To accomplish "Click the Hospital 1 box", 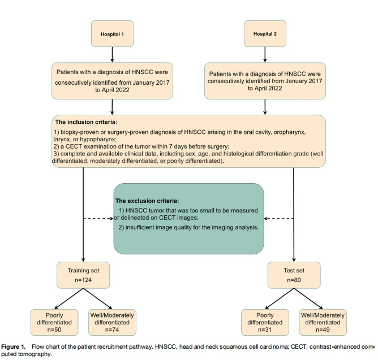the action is [x=112, y=34].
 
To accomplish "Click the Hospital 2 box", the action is [x=265, y=34].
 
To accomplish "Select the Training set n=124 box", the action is [x=83, y=275].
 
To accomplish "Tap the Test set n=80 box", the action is [x=294, y=275].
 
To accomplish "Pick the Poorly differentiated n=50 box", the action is [x=54, y=322].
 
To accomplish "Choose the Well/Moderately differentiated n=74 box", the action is [x=112, y=322].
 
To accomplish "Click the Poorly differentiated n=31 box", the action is [x=265, y=322].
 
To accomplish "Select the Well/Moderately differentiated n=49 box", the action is [x=323, y=322].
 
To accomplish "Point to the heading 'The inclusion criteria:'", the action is [x=86, y=122].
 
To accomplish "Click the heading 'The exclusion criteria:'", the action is [x=147, y=201].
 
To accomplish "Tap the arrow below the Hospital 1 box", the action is [x=112, y=54].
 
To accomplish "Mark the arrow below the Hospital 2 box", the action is [x=265, y=54].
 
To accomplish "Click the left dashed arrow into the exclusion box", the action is [x=98, y=219].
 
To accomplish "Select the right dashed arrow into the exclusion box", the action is [x=279, y=219].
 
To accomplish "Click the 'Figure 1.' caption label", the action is [x=13, y=347].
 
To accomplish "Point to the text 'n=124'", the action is [x=83, y=280].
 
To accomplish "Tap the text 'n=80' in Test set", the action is [x=294, y=280].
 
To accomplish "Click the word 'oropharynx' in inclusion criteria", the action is [x=289, y=132].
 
